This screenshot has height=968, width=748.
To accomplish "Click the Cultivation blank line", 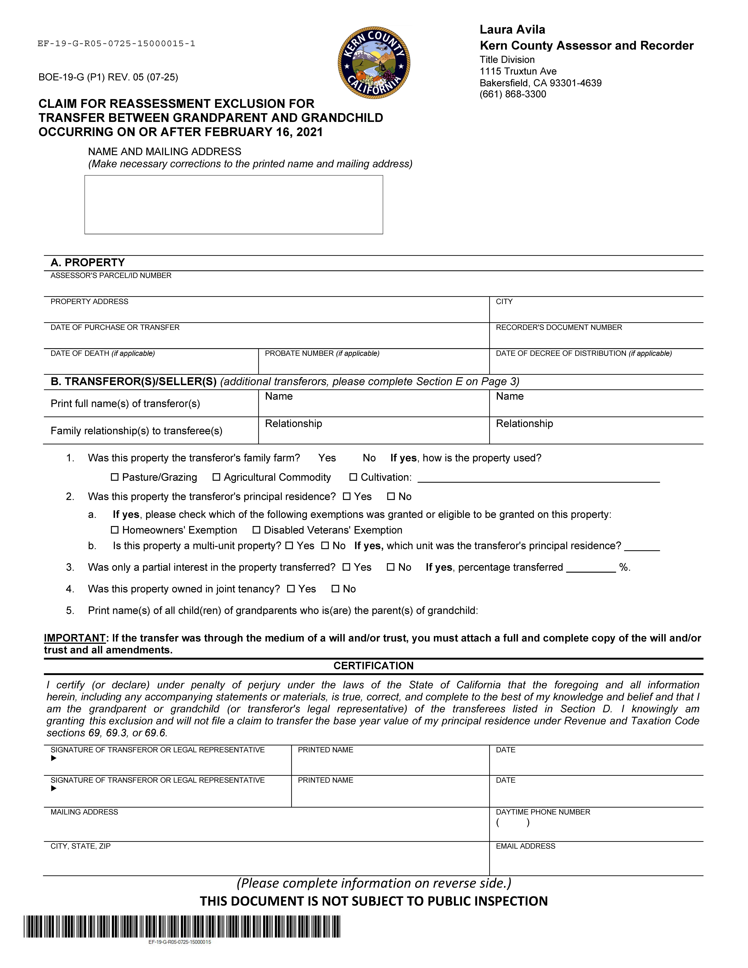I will click(x=538, y=479).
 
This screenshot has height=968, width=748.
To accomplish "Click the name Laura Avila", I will click(x=512, y=30).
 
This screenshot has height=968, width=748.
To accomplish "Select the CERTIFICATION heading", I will click(x=374, y=666).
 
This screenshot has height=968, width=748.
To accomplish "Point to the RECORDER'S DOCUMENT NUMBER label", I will click(x=559, y=328).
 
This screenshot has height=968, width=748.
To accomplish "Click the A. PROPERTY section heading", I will click(x=88, y=262).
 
